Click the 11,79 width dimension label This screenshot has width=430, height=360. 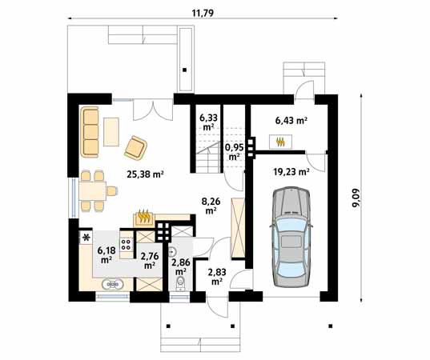(203, 13)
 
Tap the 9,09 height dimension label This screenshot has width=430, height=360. (356, 198)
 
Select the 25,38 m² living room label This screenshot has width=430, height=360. (145, 174)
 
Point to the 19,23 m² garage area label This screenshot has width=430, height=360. (291, 172)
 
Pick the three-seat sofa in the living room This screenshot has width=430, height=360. (90, 132)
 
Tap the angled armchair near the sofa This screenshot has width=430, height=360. (136, 148)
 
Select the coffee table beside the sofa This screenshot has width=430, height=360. (111, 132)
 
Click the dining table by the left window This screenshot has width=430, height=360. (93, 190)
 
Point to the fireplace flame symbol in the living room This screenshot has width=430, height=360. (143, 217)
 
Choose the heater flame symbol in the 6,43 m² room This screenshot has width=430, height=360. (280, 142)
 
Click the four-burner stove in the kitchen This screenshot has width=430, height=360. (127, 244)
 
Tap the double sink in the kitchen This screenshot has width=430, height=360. (112, 284)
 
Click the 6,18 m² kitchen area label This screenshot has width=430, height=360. (106, 254)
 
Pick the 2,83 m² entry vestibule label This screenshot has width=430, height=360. (217, 277)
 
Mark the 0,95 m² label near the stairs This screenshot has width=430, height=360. (234, 152)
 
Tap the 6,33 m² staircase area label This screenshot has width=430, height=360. (208, 122)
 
